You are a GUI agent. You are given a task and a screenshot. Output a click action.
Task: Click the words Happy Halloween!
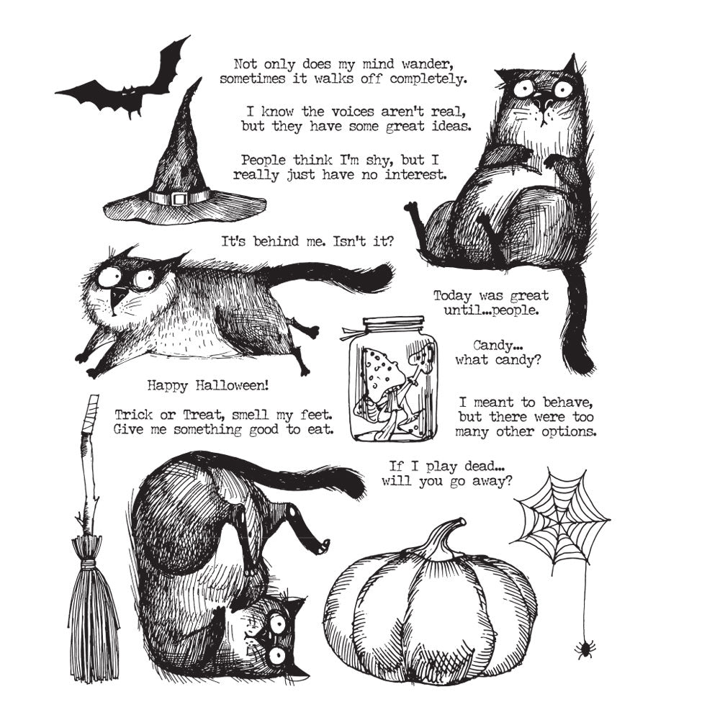(207, 385)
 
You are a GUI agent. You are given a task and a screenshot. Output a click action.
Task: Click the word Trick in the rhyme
(131, 415)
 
